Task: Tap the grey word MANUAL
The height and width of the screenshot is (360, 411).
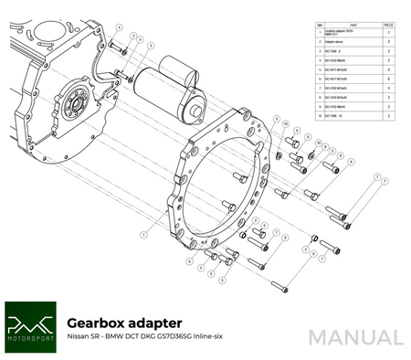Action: pos(354,336)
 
